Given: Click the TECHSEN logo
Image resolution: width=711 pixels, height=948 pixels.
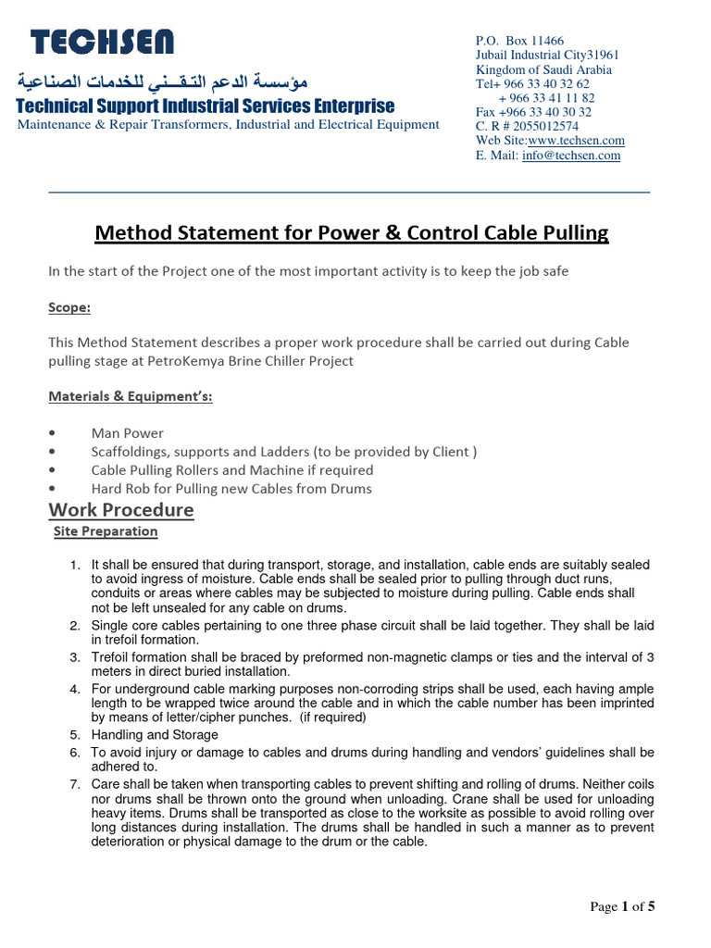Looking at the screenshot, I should [102, 42].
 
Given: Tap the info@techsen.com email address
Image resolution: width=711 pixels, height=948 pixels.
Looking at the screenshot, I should [571, 156].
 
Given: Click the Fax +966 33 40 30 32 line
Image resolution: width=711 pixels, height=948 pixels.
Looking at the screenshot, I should [533, 112].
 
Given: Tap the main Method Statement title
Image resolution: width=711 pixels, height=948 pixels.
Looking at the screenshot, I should [352, 233].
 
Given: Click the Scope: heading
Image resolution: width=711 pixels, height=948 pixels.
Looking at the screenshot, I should [69, 306].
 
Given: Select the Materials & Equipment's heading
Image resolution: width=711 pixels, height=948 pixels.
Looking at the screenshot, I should [131, 397].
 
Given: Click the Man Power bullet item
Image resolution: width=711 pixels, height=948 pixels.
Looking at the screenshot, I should [127, 433].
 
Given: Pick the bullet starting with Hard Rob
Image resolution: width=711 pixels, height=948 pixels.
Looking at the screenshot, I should [231, 488].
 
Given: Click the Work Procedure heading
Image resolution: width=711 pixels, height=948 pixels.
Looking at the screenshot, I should [121, 510].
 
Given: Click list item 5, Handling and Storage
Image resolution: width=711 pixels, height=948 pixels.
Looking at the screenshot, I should [155, 735].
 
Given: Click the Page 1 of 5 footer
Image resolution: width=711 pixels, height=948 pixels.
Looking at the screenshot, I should [622, 907].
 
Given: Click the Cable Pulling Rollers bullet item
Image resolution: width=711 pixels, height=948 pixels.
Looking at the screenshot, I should [231, 470].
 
